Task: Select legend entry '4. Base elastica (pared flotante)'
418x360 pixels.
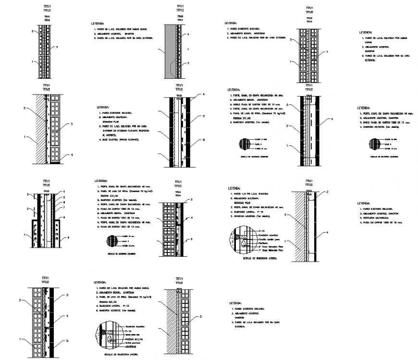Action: click(x=118, y=140)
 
